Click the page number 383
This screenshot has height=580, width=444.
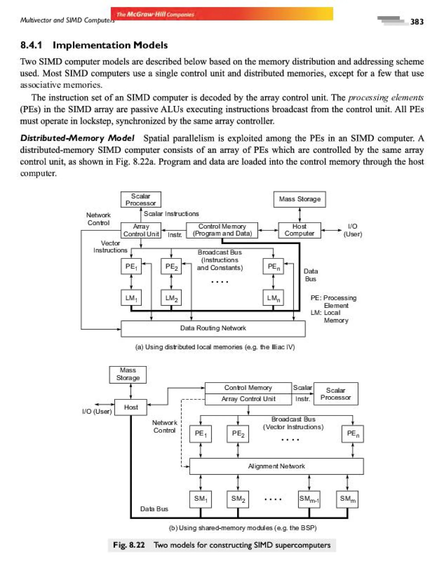(416, 22)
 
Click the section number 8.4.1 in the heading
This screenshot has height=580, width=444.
(31, 45)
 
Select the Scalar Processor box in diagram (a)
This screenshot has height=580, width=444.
(141, 199)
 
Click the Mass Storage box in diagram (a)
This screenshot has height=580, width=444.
(299, 199)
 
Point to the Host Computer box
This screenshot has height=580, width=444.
(299, 230)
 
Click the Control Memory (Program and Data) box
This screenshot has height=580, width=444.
(222, 230)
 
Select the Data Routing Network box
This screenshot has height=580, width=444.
(213, 328)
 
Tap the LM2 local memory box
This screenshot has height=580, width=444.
(171, 298)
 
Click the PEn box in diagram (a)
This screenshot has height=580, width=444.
(273, 266)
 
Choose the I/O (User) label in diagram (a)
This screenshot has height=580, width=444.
(352, 230)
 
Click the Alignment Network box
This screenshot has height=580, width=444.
(276, 466)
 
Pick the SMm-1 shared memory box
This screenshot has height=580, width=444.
(309, 499)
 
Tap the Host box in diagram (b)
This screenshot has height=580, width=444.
(131, 407)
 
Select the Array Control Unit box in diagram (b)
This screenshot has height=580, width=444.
(248, 399)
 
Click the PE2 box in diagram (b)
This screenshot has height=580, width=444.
(238, 434)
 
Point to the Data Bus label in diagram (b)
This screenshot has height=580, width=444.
(154, 509)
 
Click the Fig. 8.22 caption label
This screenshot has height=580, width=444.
(129, 545)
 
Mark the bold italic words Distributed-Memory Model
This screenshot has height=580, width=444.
(77, 138)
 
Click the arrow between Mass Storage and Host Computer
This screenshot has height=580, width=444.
(299, 215)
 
